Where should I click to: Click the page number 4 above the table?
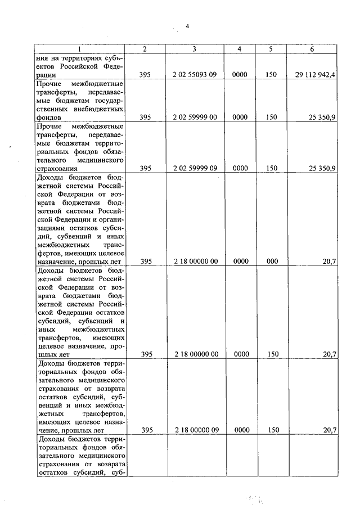click(188, 25)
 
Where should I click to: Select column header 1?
click(79, 49)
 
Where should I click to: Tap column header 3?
click(193, 49)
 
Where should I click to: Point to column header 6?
click(312, 49)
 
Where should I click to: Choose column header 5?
click(271, 49)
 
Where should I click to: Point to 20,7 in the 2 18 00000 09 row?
click(330, 430)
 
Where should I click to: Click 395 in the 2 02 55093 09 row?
click(146, 74)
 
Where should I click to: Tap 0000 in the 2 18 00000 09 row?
click(240, 430)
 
